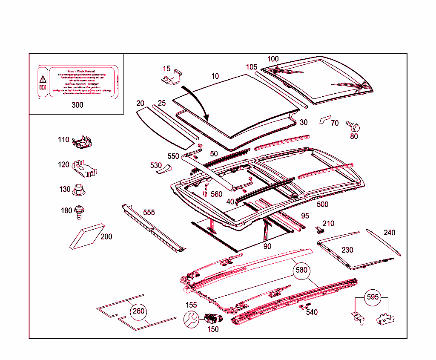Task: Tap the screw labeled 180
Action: (x=79, y=211)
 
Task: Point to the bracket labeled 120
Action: (x=84, y=168)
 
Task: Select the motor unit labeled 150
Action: (x=212, y=318)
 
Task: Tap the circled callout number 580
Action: (x=301, y=270)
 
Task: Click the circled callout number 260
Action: (x=138, y=311)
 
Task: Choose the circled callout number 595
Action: (x=372, y=297)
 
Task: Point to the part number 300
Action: (x=77, y=105)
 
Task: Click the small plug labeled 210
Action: (x=320, y=230)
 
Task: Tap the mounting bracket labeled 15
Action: (x=172, y=78)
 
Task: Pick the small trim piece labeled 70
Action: (x=324, y=119)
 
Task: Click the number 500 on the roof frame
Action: (x=322, y=204)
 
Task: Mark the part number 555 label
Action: (x=149, y=212)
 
